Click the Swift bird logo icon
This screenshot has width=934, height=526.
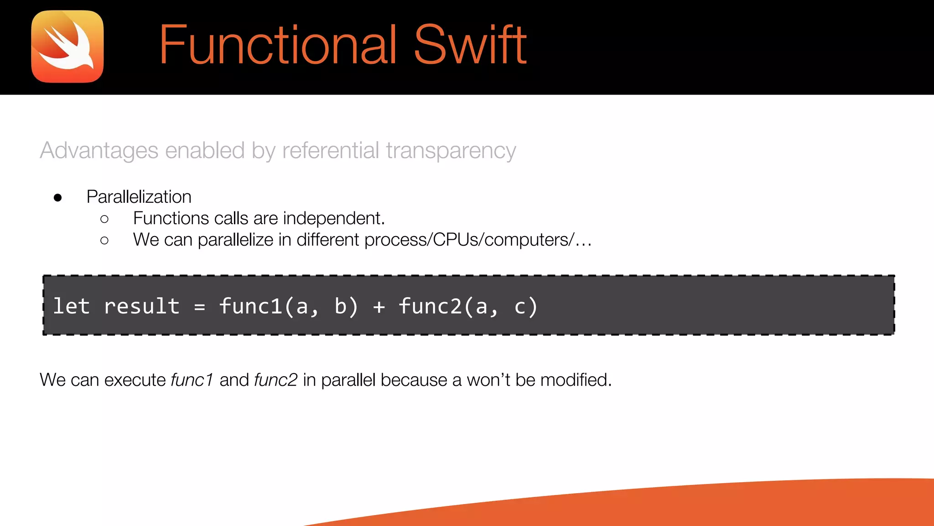[67, 47]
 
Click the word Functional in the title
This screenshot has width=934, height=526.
[278, 46]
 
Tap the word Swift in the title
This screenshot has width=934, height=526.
[470, 46]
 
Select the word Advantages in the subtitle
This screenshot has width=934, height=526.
[99, 151]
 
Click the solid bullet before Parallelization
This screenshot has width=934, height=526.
[57, 198]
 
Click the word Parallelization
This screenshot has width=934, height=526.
[139, 197]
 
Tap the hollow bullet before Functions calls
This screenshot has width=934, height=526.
[104, 219]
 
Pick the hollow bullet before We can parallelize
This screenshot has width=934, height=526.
[104, 240]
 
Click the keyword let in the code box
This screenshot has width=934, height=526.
[71, 306]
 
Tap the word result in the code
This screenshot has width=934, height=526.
[141, 306]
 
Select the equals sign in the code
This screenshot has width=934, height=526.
[199, 307]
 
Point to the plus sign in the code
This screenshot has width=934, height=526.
[379, 307]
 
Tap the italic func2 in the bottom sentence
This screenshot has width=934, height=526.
[276, 380]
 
